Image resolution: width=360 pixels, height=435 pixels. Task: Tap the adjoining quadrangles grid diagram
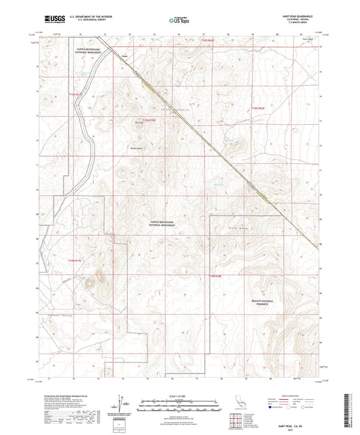[x=235, y=421]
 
